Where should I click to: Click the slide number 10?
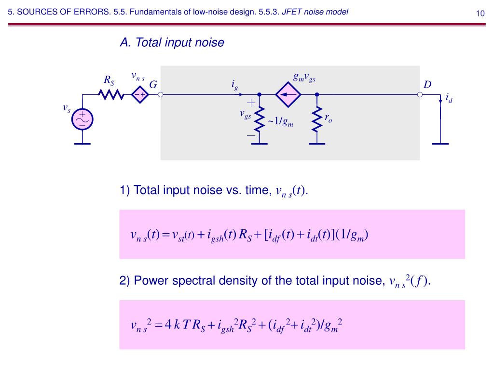(480, 13)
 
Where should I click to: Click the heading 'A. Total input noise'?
(172, 43)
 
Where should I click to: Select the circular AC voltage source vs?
(82, 119)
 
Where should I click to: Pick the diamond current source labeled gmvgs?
(288, 95)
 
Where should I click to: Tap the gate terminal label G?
(153, 85)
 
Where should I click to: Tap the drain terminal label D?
(427, 85)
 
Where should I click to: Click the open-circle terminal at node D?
(420, 95)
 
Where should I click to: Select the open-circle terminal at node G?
(161, 95)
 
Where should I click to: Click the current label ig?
(234, 85)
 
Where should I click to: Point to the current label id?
(449, 99)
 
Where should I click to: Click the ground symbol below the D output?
(440, 143)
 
